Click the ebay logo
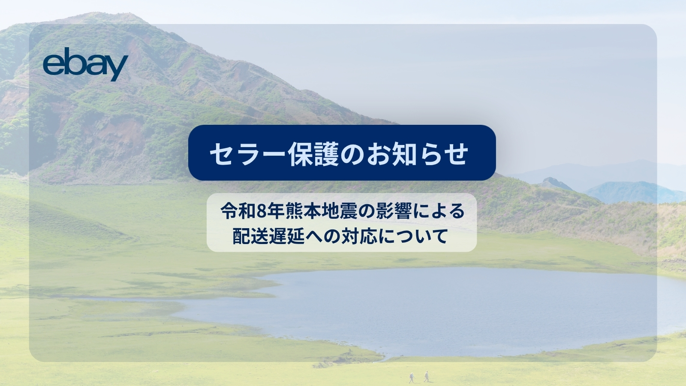click(85, 64)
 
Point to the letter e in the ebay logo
click(53, 65)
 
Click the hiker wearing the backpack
click(412, 377)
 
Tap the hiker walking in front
click(426, 376)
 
